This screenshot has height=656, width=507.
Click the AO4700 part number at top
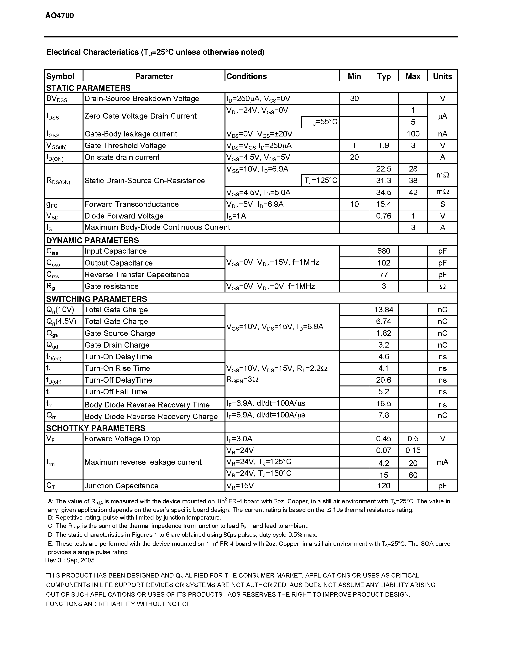[x=59, y=16]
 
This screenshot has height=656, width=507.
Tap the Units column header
[x=442, y=76]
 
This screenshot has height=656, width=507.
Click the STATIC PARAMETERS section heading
[x=88, y=88]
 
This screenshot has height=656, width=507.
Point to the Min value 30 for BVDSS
[x=354, y=99]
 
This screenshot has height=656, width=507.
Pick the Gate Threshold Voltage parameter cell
[x=125, y=146]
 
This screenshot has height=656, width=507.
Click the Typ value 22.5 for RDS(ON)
[x=384, y=169]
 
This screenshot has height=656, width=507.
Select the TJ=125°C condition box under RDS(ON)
[x=320, y=181]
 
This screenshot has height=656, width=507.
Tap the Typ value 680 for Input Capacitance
[x=384, y=251]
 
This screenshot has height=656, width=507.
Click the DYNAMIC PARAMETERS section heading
[x=93, y=240]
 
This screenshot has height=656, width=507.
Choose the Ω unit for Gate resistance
[x=442, y=286]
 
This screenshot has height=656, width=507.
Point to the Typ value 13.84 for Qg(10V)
[x=384, y=310]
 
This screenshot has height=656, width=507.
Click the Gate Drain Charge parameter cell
[x=117, y=345]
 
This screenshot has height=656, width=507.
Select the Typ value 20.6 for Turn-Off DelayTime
[x=384, y=380]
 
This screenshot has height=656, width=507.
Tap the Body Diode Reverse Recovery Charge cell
[x=151, y=416]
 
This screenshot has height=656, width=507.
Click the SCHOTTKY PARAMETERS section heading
[x=95, y=428]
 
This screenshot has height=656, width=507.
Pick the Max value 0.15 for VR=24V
[x=413, y=450]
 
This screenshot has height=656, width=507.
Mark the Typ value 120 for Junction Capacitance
[x=384, y=486]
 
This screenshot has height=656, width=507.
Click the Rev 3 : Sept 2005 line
[x=70, y=560]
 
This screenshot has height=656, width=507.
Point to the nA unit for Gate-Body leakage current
[x=442, y=134]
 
